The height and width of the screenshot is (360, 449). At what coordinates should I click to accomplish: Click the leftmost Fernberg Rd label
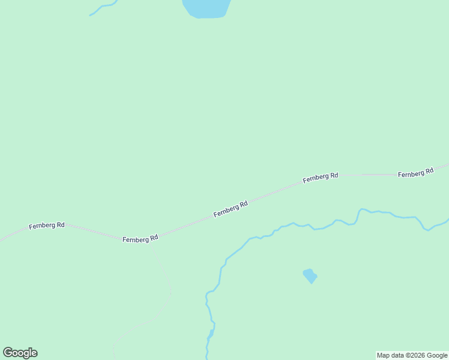click(x=46, y=226)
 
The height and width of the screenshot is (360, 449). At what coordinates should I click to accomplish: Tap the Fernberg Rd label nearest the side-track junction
click(x=140, y=239)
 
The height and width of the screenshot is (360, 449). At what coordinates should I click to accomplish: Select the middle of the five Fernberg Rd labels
click(x=231, y=209)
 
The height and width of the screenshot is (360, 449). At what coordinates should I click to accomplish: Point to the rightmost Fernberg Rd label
click(x=415, y=172)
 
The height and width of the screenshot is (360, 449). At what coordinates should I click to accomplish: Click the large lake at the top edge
click(x=206, y=8)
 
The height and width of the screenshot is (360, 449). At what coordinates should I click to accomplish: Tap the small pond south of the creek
click(x=310, y=276)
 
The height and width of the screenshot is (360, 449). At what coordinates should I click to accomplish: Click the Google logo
click(x=20, y=353)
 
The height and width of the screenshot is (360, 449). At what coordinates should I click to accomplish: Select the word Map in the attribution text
click(x=383, y=355)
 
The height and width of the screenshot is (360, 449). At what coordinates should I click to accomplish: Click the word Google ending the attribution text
click(x=438, y=355)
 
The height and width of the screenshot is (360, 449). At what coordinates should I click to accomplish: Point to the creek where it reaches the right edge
click(x=446, y=220)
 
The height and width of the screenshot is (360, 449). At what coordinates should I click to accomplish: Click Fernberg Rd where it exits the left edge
click(x=2, y=240)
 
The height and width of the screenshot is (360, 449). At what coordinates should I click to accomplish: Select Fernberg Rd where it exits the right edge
click(x=447, y=164)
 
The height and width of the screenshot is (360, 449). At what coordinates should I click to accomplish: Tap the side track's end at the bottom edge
click(x=113, y=356)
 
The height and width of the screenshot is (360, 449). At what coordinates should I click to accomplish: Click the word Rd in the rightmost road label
click(x=428, y=171)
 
